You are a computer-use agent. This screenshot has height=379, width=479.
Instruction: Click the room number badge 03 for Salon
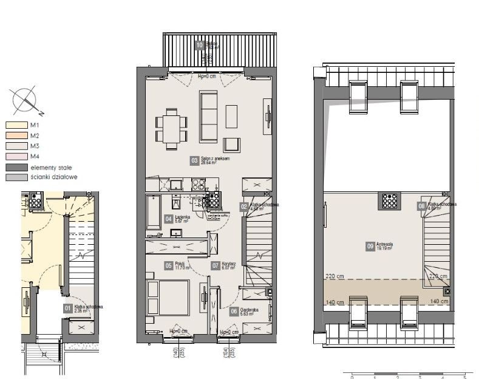pos(194,161)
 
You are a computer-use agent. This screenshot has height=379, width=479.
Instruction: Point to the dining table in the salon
pos(171,128)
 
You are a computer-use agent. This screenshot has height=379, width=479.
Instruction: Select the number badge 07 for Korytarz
pos(215,265)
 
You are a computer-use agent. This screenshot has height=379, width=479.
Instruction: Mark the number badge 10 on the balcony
pos(199,44)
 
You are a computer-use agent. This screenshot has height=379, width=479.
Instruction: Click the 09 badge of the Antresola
pos(370,246)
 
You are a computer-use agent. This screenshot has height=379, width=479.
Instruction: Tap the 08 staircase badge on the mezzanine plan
pos(421,207)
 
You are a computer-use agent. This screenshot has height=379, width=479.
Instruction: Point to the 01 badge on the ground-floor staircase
pos(68,308)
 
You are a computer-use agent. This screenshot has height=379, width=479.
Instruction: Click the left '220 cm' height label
pos(334,276)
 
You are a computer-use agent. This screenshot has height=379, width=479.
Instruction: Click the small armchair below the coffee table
pos(231,145)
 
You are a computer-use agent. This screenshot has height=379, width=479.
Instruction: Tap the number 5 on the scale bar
pos(464,376)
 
